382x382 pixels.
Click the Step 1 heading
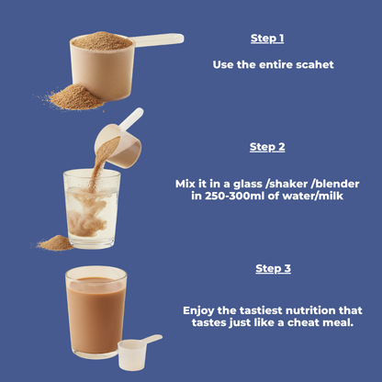(x=267, y=39)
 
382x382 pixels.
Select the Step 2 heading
(x=267, y=147)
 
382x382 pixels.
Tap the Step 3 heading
(x=273, y=268)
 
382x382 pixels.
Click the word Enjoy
(x=201, y=310)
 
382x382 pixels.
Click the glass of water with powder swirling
(x=92, y=209)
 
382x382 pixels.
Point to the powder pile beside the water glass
(x=54, y=243)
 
